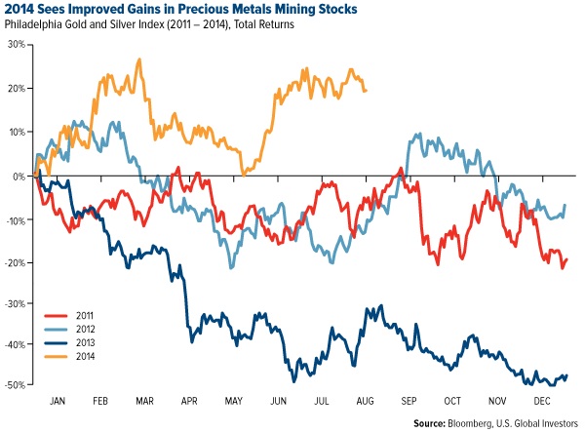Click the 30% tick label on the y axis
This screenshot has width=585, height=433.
[16, 44]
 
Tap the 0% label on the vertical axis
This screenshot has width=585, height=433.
[19, 177]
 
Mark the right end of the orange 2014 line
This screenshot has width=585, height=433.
[366, 91]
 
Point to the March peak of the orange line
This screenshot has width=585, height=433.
[140, 59]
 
